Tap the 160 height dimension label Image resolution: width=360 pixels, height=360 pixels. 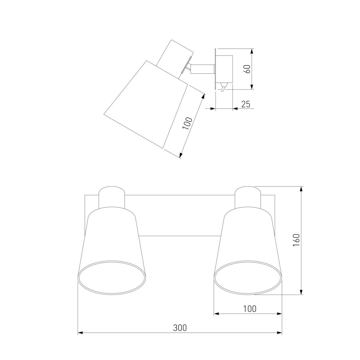296,240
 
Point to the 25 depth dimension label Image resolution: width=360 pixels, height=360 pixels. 246,104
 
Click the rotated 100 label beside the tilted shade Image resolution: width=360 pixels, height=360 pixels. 187,124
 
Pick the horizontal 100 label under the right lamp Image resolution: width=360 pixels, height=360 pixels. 250,309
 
